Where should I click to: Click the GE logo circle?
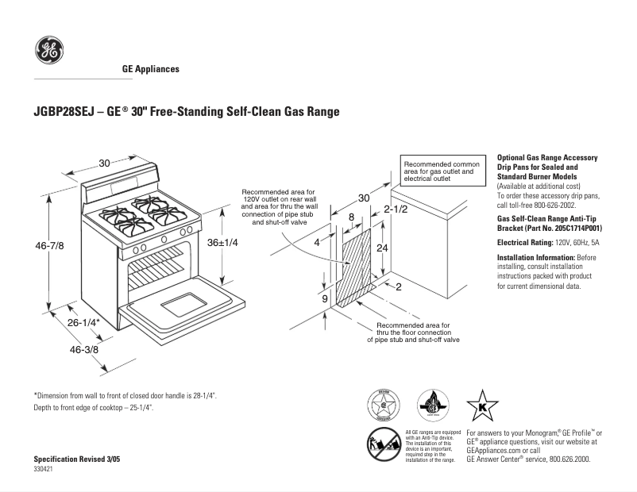(49, 51)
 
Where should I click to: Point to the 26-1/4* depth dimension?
(83, 323)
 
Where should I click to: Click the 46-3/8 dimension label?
(84, 349)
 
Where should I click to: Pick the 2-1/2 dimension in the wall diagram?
(395, 209)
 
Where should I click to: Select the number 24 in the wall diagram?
(382, 248)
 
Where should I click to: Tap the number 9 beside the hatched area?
(325, 298)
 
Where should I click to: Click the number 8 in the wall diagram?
(351, 217)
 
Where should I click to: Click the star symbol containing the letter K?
(481, 406)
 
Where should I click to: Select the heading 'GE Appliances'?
(150, 69)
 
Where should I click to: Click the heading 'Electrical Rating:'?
(524, 241)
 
